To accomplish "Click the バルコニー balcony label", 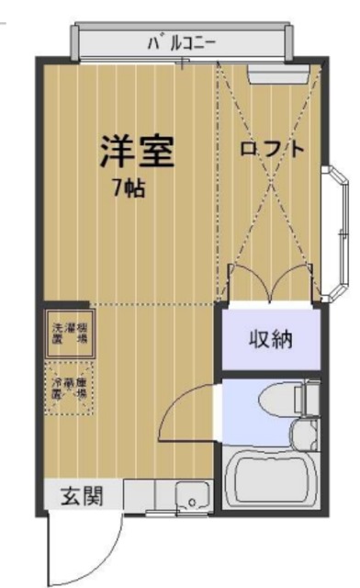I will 180,41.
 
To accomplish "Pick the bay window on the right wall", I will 335,230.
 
